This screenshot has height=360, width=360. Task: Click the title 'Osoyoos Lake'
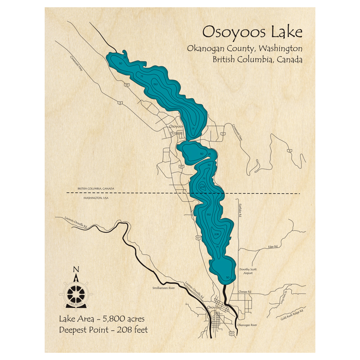(x=252, y=32)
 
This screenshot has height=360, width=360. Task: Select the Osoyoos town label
(x=176, y=127)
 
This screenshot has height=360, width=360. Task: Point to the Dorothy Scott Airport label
(x=248, y=271)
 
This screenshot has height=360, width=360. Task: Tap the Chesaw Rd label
(x=244, y=292)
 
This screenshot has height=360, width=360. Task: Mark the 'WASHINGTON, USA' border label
(x=96, y=198)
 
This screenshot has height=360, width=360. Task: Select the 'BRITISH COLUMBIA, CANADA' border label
(x=96, y=189)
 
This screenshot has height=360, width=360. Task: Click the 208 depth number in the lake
(x=216, y=234)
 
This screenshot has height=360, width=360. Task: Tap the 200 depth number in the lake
(x=202, y=187)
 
